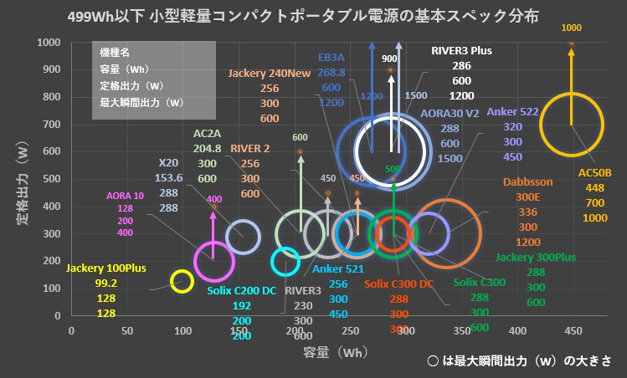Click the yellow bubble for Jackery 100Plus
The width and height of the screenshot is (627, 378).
pyautogui.click(x=182, y=282)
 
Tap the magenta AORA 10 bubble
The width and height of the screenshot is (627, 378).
pyautogui.click(x=213, y=261)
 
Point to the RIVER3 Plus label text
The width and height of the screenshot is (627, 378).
pyautogui.click(x=461, y=50)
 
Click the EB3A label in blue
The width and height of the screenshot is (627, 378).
pyautogui.click(x=331, y=58)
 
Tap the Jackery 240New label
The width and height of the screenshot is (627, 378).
pyautogui.click(x=270, y=74)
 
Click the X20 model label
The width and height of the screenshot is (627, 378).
pyautogui.click(x=168, y=163)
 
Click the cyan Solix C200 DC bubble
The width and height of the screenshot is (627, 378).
pyautogui.click(x=285, y=261)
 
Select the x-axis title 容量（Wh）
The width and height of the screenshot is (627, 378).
pyautogui.click(x=334, y=354)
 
